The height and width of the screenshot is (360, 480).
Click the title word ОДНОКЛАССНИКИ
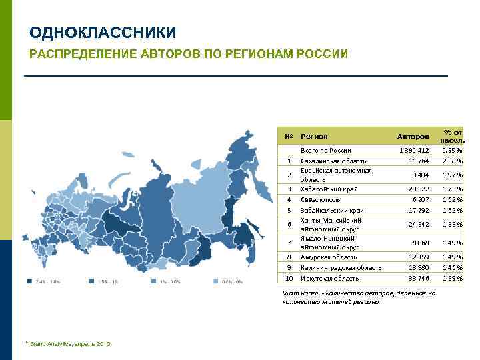click(x=103, y=33)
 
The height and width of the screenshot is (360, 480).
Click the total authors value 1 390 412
click(x=414, y=150)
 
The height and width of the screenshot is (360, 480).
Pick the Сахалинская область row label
click(x=333, y=161)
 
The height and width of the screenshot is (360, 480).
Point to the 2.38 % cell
click(x=452, y=161)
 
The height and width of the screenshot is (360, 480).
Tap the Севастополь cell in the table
click(x=321, y=199)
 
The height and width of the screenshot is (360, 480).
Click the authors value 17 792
click(x=419, y=210)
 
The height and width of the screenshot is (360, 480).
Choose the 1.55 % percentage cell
click(x=452, y=225)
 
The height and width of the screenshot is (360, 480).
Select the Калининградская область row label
click(x=341, y=267)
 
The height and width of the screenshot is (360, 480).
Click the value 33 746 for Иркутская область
click(x=419, y=278)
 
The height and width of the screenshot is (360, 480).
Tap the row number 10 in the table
click(x=289, y=278)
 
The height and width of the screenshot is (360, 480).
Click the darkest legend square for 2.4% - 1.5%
click(x=29, y=281)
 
